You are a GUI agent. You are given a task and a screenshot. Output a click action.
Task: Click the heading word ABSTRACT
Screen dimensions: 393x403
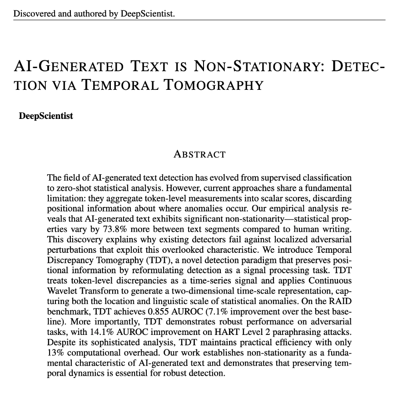[199, 154]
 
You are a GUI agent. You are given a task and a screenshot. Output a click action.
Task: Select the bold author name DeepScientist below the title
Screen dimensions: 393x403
[45, 116]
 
